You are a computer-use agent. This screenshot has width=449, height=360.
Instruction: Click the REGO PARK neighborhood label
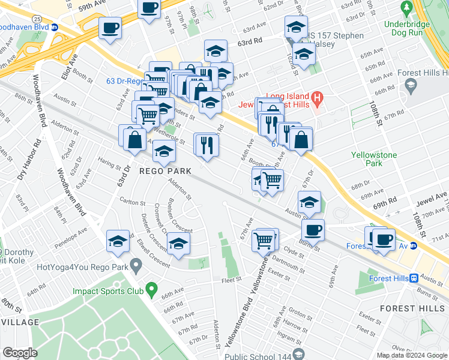(x=165, y=171)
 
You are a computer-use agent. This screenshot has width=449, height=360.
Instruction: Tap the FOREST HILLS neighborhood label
(x=414, y=308)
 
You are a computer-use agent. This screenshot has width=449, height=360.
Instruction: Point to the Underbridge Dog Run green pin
(x=406, y=8)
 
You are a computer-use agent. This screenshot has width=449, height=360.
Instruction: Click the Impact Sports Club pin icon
(x=152, y=290)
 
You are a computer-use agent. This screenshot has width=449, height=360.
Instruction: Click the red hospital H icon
(x=317, y=97)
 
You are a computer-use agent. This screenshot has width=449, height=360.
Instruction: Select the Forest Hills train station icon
(x=414, y=278)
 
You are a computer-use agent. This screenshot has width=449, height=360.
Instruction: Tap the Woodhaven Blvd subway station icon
(x=55, y=27)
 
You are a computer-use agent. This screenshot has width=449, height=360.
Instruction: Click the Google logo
(x=19, y=352)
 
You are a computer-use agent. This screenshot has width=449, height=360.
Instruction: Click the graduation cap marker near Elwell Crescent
(x=178, y=244)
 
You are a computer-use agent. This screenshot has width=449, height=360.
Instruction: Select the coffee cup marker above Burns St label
(x=312, y=230)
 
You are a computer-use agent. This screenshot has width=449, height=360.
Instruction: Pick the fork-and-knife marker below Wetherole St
(x=205, y=145)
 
